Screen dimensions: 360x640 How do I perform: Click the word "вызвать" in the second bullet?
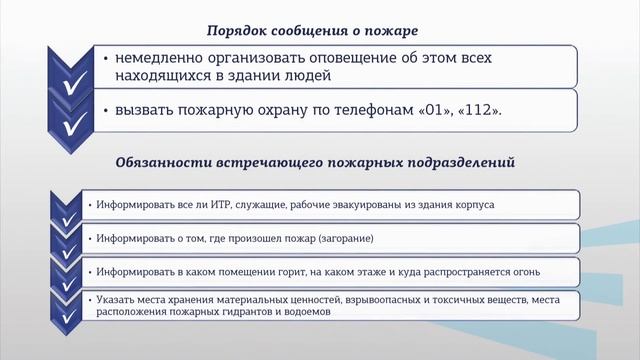pyautogui.click(x=142, y=111)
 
